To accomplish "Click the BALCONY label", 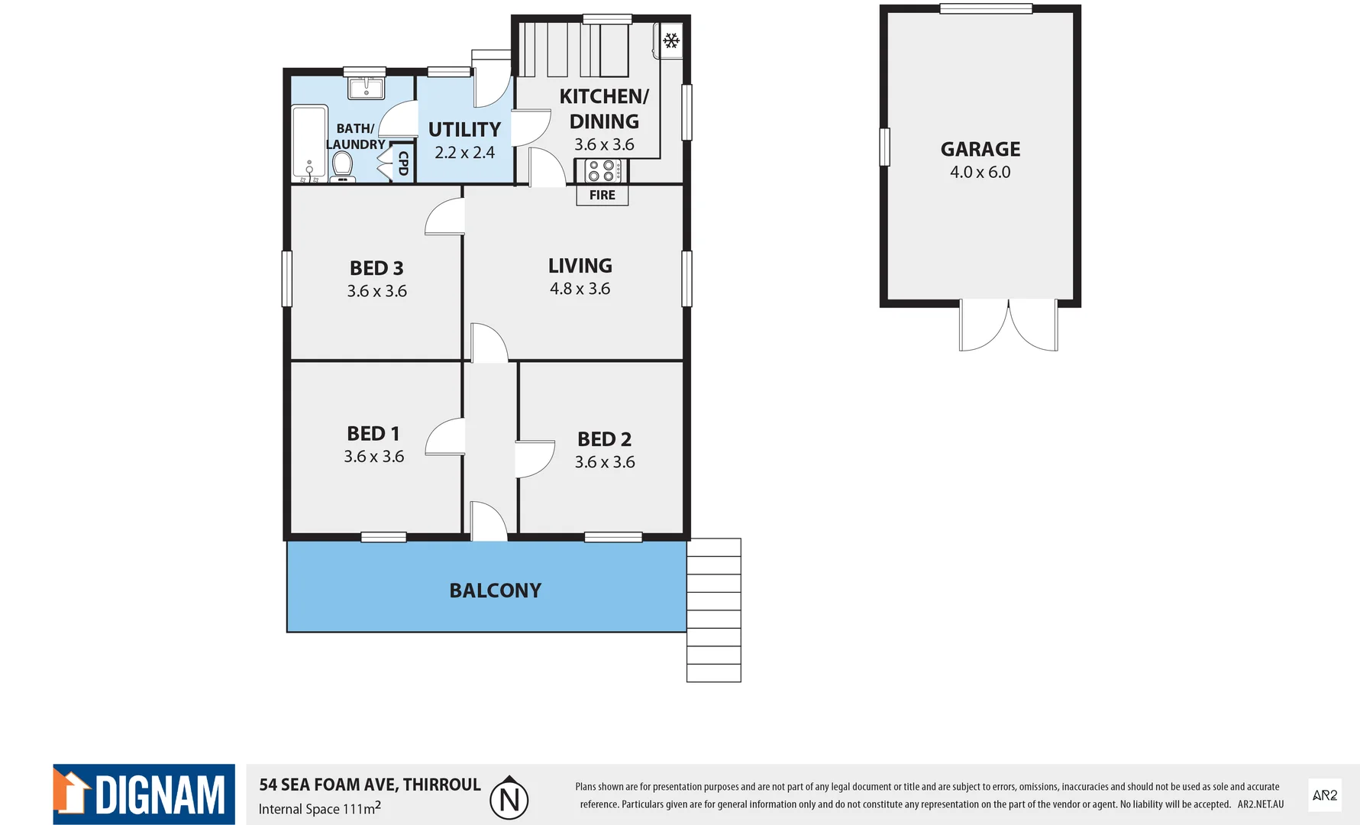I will pyautogui.click(x=495, y=590).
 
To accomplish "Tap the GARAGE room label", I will pyautogui.click(x=980, y=149).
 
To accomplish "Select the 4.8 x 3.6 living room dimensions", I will pyautogui.click(x=580, y=289).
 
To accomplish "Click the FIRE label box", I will pyautogui.click(x=602, y=195).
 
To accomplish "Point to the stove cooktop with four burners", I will pyautogui.click(x=602, y=170).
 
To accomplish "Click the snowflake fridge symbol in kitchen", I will pyautogui.click(x=671, y=40).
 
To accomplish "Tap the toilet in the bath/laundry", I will pyautogui.click(x=342, y=166).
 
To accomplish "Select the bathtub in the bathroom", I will pyautogui.click(x=309, y=144).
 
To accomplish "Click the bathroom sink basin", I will pyautogui.click(x=367, y=87).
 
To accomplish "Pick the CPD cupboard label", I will pyautogui.click(x=403, y=163).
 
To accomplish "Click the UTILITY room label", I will pyautogui.click(x=464, y=130).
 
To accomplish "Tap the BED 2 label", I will pyautogui.click(x=604, y=439).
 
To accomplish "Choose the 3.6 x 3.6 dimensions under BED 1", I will pyautogui.click(x=373, y=457).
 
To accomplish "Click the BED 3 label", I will pyautogui.click(x=376, y=268).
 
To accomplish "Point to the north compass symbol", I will pyautogui.click(x=509, y=798).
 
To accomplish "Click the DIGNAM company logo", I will pyautogui.click(x=144, y=794).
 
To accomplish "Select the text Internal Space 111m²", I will pyautogui.click(x=319, y=808).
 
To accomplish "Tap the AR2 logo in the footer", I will pyautogui.click(x=1324, y=795).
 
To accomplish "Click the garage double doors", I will pyautogui.click(x=1008, y=325).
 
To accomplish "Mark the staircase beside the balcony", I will pyautogui.click(x=713, y=610).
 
